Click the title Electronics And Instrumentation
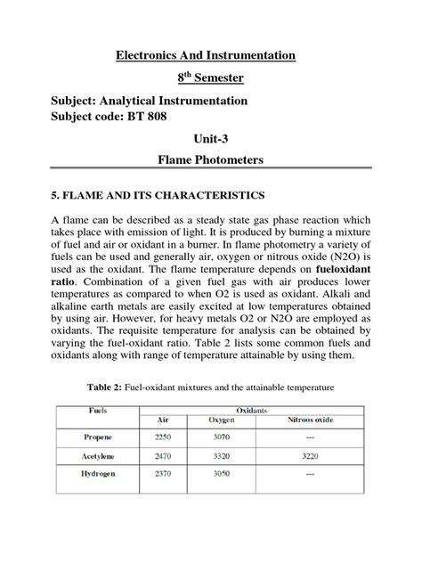pos(206,55)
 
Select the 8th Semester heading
pos(206,78)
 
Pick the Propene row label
pos(99,437)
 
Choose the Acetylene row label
pos(99,455)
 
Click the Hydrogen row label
pos(99,475)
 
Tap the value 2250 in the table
pos(164,437)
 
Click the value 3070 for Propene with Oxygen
pos(221,437)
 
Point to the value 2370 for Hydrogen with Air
pos(164,475)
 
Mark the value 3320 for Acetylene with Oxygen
pos(221,455)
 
